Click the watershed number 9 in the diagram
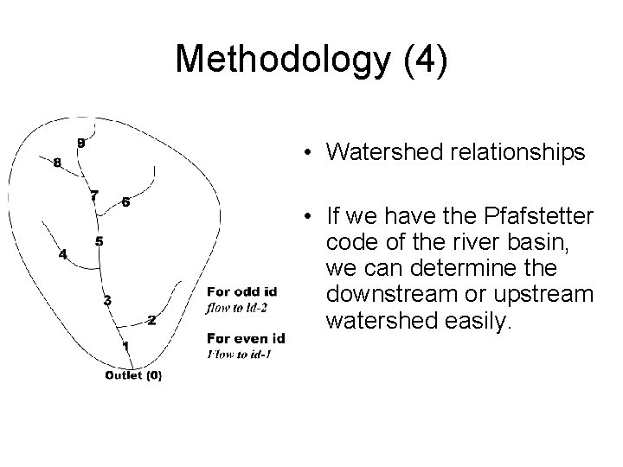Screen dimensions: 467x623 click(x=80, y=143)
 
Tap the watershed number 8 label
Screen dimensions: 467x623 click(x=57, y=163)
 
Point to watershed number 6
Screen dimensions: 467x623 click(x=126, y=202)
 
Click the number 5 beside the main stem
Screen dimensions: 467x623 click(x=100, y=241)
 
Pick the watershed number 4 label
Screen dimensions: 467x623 click(x=62, y=254)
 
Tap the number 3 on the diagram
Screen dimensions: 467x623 click(x=106, y=300)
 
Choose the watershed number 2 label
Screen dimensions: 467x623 click(x=151, y=321)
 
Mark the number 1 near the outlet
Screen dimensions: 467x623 click(x=125, y=346)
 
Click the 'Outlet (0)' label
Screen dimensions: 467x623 click(x=132, y=375)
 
